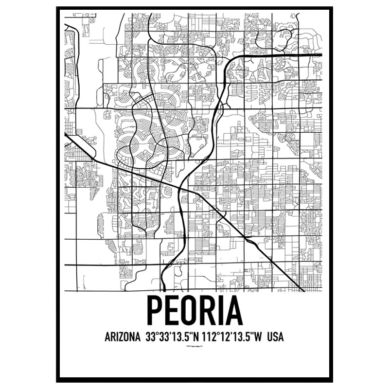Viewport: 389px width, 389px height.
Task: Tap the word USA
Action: click(x=276, y=337)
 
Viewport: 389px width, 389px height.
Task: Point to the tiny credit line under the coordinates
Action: click(x=194, y=347)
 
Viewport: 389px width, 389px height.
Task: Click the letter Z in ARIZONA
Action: click(x=119, y=337)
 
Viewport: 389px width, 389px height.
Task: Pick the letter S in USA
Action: click(x=276, y=337)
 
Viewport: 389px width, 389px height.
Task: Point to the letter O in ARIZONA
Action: click(x=125, y=337)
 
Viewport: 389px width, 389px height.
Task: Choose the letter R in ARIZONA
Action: click(x=112, y=337)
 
